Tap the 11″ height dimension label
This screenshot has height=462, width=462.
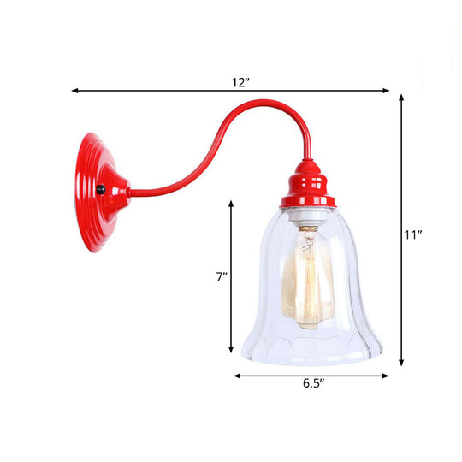(x=414, y=233)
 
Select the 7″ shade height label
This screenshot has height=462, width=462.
(x=221, y=276)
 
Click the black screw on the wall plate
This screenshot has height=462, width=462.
(x=100, y=190)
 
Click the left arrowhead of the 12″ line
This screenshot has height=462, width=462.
(x=74, y=90)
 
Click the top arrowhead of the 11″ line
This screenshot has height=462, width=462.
(x=402, y=98)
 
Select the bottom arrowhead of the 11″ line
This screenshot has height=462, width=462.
(x=402, y=364)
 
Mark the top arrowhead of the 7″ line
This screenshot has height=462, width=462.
(x=231, y=202)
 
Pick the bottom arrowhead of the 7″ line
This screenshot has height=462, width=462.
(x=231, y=351)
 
